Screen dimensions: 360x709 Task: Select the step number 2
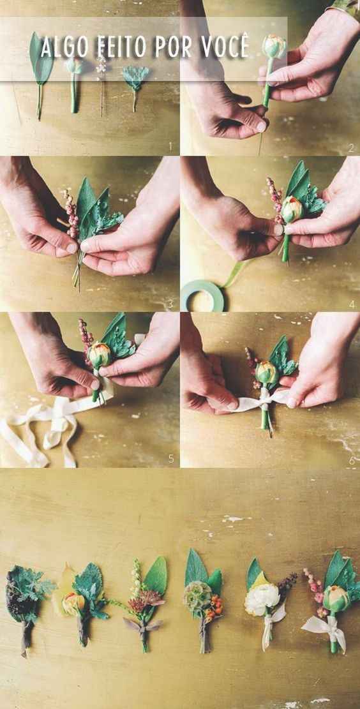point(351,147)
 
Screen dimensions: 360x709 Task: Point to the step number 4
point(352,305)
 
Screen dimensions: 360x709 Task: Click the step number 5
point(171,458)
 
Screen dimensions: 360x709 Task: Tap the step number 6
point(352,460)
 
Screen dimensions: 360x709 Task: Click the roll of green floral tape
point(202,295)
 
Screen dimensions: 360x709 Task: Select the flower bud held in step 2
point(274,46)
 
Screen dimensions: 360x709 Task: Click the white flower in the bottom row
point(262,600)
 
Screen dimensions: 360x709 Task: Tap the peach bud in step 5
point(99,355)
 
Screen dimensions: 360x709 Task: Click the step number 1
point(170,146)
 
